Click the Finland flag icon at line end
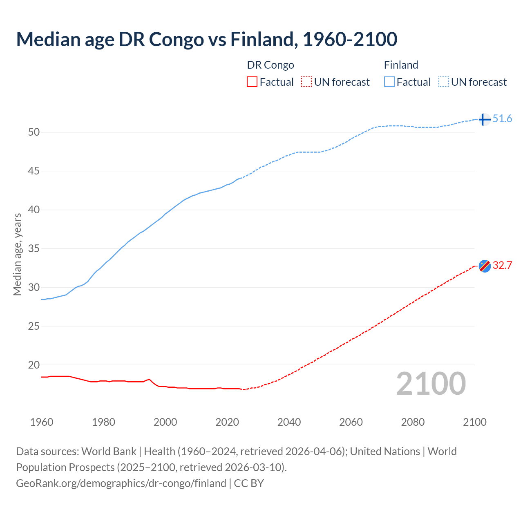[484, 119]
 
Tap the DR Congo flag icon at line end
[485, 266]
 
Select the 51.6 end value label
[502, 119]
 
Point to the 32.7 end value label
[502, 265]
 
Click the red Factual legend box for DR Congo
[252, 82]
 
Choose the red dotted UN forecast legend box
[306, 82]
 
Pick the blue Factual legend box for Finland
[389, 82]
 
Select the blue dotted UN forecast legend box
[444, 82]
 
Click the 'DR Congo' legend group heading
[270, 65]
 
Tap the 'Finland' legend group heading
[401, 65]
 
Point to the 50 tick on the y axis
[34, 132]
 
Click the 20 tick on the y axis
[34, 365]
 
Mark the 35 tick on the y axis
[34, 248]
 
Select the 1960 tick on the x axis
[42, 422]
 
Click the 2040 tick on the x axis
[289, 422]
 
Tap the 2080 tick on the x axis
[413, 422]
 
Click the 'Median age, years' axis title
[17, 254]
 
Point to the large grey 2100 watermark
[431, 383]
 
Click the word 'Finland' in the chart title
[261, 39]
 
